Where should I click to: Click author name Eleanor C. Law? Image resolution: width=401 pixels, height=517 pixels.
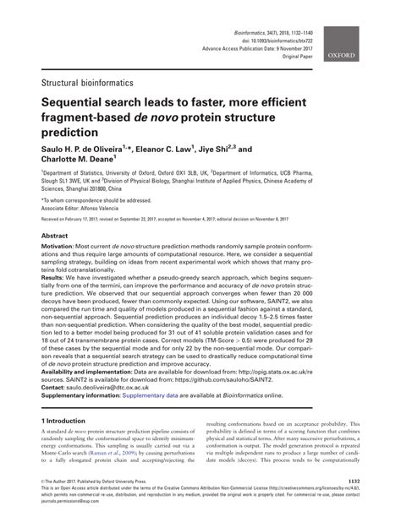point(187,147)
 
